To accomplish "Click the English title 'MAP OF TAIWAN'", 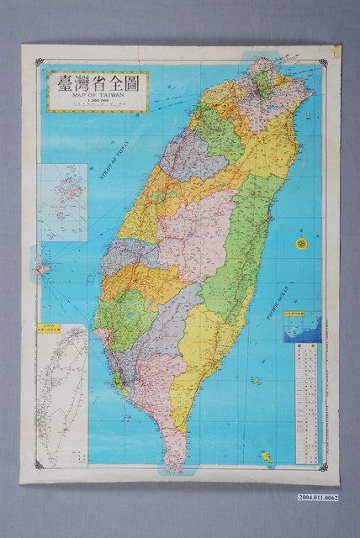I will click(99, 94).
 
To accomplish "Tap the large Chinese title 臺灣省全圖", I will click(99, 82).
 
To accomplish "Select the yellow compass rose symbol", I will click(301, 243).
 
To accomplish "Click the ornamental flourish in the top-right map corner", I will click(323, 62).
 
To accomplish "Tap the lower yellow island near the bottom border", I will click(266, 456).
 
